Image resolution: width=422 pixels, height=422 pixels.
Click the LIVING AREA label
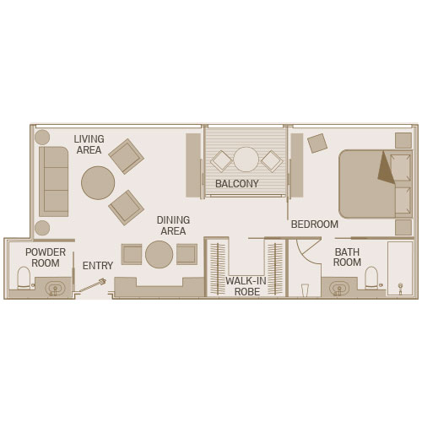point(89,144)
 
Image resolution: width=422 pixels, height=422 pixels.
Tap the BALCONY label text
point(237,184)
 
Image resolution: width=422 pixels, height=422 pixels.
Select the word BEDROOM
point(315,225)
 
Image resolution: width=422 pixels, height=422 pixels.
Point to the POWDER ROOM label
point(46,257)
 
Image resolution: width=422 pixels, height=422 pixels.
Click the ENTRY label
point(98,265)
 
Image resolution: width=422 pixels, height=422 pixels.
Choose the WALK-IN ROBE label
point(246,286)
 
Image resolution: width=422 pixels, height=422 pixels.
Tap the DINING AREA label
point(173,225)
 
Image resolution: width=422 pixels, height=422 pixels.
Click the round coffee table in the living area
point(98,183)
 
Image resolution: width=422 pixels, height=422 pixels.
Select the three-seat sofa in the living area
point(54,181)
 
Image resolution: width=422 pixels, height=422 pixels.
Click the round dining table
point(160,254)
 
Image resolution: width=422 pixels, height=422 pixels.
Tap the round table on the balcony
point(246,160)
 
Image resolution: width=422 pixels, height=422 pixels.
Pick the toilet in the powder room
point(24,278)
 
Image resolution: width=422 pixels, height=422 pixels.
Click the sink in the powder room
point(56,288)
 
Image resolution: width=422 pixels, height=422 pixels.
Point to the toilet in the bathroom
point(371,278)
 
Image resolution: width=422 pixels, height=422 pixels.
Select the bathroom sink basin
point(339,288)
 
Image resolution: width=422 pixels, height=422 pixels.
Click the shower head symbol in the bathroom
point(400,288)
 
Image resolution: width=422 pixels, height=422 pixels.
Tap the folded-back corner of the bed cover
point(387,167)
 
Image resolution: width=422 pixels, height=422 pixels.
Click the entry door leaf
point(92,285)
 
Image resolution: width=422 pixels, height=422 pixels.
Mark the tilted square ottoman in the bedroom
point(317,143)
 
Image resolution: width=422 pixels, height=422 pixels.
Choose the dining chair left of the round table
point(132,254)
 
